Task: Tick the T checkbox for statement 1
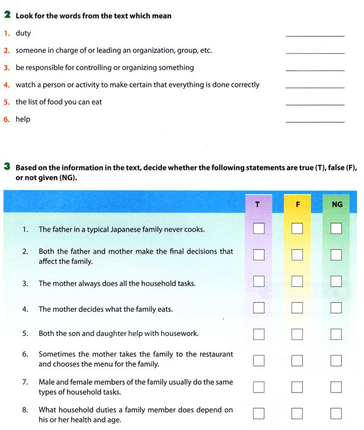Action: (258, 228)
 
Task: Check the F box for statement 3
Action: (297, 281)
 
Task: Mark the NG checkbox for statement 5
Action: (336, 334)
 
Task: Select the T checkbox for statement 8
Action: (258, 413)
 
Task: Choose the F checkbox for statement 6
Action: (297, 360)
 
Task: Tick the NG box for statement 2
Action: (336, 255)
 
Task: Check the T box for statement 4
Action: (258, 308)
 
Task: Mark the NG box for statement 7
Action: (336, 387)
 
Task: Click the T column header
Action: (258, 204)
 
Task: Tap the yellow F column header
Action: (297, 204)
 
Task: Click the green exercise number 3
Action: (7, 167)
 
